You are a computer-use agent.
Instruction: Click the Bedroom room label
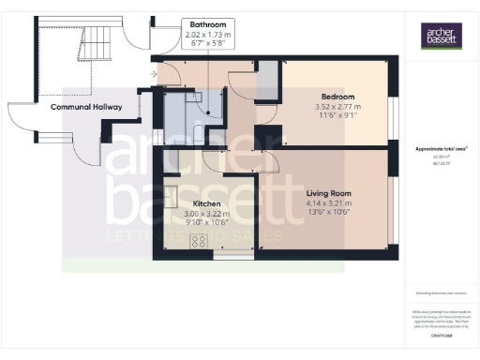[x=337, y=97]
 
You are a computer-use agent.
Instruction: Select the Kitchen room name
[x=206, y=203]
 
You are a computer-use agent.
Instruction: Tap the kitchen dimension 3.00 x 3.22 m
[x=206, y=213]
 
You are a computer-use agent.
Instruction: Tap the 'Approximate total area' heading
[x=441, y=150]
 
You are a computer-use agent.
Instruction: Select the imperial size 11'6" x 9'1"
[x=337, y=116]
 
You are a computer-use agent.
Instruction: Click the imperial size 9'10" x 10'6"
[x=206, y=222]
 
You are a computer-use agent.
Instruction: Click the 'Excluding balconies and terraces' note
[x=440, y=293]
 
